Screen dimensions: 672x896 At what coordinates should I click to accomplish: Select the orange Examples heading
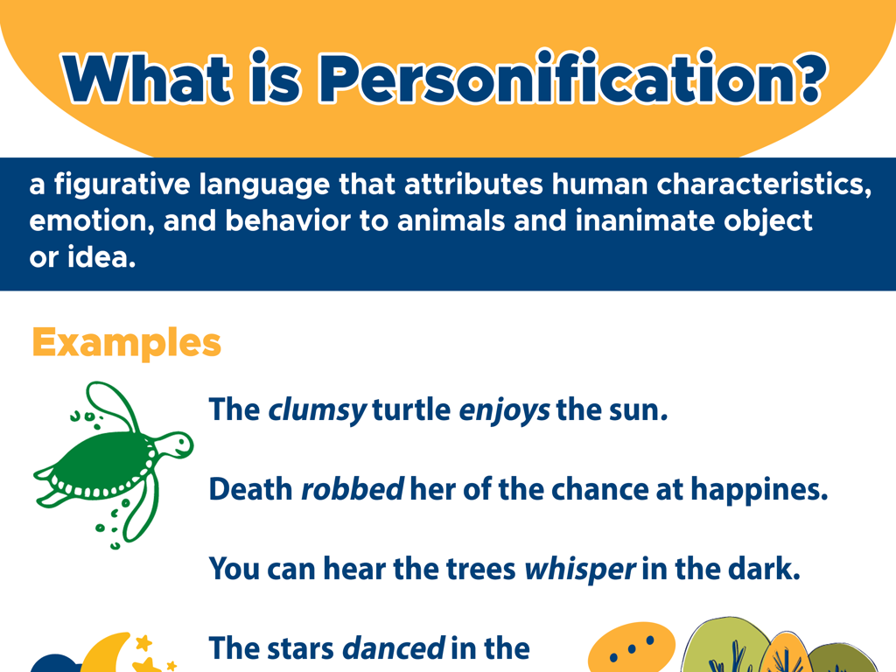[x=126, y=342]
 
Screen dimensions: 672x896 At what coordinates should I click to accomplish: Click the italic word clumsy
[x=316, y=409]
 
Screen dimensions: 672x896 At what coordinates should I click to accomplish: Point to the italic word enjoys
[x=504, y=409]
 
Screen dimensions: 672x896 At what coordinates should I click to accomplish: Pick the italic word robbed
[x=352, y=489]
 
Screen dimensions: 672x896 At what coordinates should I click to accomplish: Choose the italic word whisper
[x=578, y=569]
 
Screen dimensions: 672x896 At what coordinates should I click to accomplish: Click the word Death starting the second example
[x=250, y=489]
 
